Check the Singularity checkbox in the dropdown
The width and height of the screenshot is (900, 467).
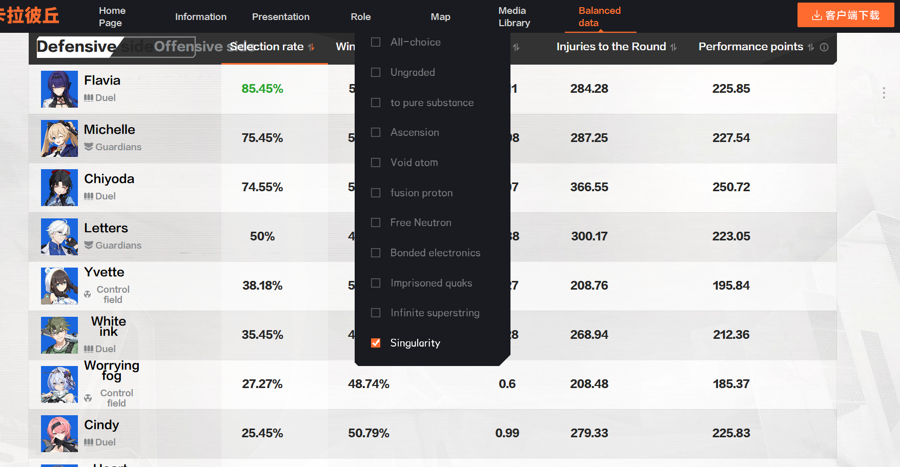376,343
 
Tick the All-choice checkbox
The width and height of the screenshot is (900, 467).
376,42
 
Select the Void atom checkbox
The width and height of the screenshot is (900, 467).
376,163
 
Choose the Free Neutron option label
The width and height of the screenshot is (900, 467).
420,222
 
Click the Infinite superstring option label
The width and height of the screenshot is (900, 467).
435,313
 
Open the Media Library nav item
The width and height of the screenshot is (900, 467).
514,16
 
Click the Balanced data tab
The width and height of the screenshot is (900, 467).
599,16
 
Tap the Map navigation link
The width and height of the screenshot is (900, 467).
440,16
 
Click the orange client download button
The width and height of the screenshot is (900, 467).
845,15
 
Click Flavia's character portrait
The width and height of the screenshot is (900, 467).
59,89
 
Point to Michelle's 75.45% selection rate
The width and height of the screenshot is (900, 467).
262,138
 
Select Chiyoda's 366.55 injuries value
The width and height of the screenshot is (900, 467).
589,187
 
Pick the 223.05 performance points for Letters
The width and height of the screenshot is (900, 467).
731,236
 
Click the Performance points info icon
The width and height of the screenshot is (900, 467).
824,47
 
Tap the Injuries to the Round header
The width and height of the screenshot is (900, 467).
611,47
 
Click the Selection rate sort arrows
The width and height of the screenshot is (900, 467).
311,47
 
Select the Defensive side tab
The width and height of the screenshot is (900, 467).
77,47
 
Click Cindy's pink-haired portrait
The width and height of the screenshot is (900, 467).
59,434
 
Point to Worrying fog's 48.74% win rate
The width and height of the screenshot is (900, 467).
369,384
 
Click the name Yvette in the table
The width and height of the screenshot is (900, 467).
104,272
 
